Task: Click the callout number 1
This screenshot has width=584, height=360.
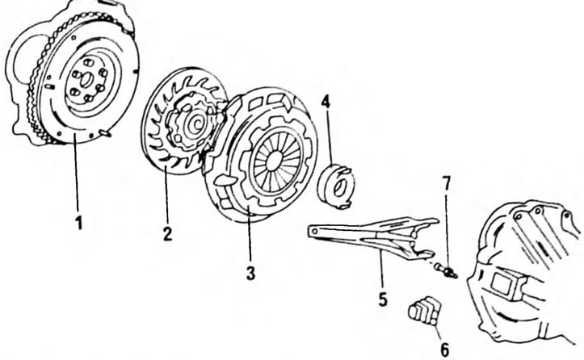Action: [x=78, y=223]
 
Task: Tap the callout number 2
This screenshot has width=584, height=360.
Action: [x=167, y=233]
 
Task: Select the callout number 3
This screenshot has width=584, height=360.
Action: [x=250, y=273]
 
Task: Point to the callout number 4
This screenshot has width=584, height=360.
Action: [x=326, y=102]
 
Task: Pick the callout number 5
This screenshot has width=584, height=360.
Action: [x=383, y=299]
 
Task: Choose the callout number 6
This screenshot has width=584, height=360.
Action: [x=445, y=350]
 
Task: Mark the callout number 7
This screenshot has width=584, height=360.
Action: [x=447, y=184]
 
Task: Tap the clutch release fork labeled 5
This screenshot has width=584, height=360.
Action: [x=372, y=235]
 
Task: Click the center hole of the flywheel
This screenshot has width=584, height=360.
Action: [x=86, y=80]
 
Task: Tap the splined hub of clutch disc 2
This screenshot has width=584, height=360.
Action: [x=195, y=123]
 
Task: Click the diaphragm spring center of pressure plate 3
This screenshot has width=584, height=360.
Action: [x=275, y=160]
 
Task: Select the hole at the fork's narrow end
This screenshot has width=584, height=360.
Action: [x=315, y=232]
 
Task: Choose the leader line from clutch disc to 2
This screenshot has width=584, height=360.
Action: [x=166, y=196]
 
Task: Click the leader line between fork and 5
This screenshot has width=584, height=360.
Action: [x=382, y=270]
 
